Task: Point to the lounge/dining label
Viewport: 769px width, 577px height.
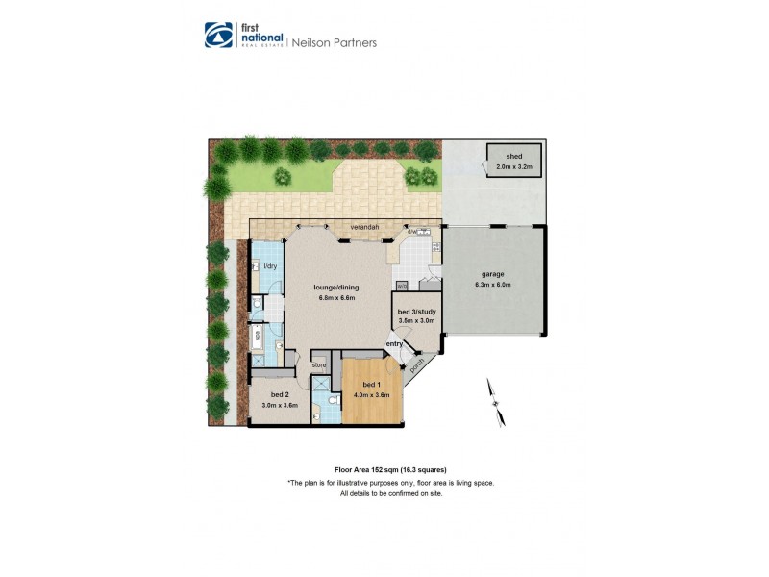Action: coord(337,287)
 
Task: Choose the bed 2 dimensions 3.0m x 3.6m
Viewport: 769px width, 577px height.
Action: coord(280,405)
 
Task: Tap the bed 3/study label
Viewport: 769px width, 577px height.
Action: coord(417,311)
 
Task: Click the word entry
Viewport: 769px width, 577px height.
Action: coord(394,343)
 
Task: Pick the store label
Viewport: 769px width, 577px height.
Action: coord(319,365)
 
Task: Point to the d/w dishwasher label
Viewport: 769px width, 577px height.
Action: coord(411,232)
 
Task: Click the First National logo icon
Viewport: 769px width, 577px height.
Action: coord(218,36)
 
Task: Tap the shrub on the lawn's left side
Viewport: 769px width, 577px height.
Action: coord(283,176)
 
